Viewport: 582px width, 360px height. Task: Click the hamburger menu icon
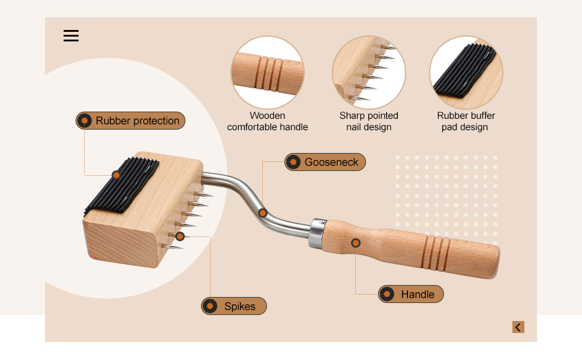71,36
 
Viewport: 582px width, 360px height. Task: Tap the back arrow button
518,327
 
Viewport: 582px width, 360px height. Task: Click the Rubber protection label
131,121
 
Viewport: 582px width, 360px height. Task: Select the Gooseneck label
325,162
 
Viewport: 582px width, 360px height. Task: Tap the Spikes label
234,306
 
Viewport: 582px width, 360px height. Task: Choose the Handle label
411,294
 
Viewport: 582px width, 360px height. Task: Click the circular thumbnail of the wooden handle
268,73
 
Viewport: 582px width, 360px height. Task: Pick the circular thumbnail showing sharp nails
368,73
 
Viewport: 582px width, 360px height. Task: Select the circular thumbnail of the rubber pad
466,73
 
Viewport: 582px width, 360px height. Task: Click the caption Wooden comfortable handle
268,121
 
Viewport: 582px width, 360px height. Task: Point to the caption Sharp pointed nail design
368,121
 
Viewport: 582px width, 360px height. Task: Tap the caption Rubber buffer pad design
466,121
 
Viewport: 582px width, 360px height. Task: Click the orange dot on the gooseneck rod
263,212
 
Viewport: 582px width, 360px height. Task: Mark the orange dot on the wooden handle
356,243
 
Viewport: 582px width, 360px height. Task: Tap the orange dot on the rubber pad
116,175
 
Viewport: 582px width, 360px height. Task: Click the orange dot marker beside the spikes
180,236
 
